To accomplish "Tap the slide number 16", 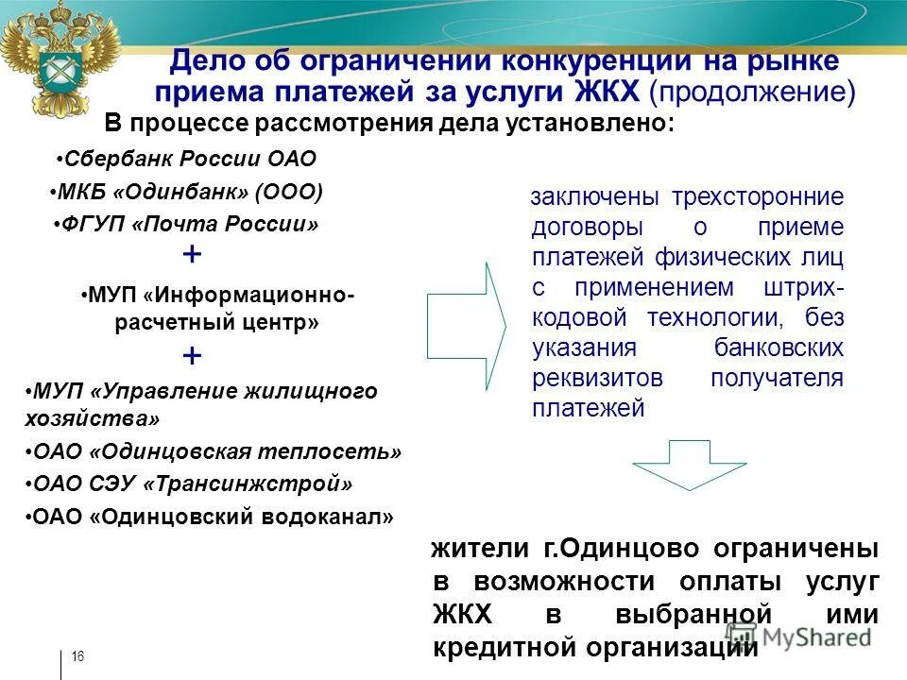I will click(78, 657).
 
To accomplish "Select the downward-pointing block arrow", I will click(676, 464).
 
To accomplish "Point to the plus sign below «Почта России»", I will click(192, 254).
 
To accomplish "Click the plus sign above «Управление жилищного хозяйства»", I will click(192, 356).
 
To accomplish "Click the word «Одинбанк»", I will click(181, 192).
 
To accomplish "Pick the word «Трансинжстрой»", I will click(248, 484).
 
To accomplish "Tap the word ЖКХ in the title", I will click(608, 92).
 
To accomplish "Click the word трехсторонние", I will click(757, 197).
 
